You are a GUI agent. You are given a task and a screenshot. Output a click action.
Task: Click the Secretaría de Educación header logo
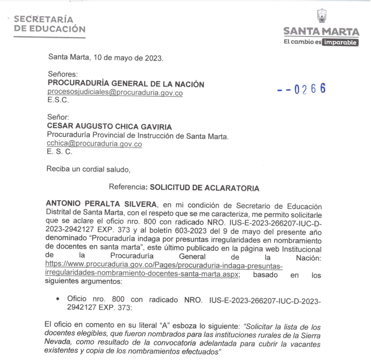50,24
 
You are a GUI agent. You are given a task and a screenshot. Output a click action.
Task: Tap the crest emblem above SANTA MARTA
322,16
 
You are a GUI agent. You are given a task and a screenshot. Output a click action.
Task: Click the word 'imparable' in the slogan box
340,42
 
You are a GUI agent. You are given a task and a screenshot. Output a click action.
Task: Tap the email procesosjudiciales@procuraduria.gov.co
115,93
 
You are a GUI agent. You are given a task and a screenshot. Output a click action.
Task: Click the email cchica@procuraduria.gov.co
94,144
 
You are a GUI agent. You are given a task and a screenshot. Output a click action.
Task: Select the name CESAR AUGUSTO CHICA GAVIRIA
109,126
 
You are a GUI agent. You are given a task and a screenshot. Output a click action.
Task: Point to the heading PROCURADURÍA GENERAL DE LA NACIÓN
126,84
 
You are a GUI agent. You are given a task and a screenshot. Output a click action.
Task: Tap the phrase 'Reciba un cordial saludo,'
88,168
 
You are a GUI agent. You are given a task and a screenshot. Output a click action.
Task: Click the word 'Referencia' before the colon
127,188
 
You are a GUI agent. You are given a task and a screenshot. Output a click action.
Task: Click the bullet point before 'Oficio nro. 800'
57,300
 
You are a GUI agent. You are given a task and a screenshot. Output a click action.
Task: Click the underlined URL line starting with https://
164,266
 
